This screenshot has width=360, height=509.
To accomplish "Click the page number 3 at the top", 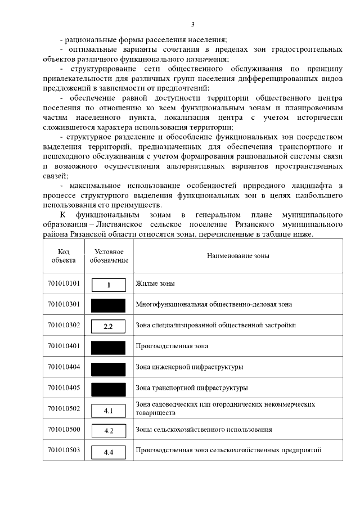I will tap(192, 24).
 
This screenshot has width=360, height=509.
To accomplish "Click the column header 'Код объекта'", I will tap(64, 256).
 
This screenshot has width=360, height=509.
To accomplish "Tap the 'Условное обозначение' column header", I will tap(109, 256).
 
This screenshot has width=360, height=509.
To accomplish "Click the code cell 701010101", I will tap(64, 283).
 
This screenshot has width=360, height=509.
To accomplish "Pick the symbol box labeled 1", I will tap(109, 285).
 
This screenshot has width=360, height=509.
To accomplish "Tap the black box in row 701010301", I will tap(109, 305).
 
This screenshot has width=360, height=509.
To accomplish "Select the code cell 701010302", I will tap(64, 325).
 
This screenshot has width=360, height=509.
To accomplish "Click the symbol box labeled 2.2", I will tap(109, 326).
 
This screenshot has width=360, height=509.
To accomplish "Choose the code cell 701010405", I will tap(64, 388).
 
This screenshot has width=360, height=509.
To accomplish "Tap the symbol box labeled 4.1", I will tap(109, 411).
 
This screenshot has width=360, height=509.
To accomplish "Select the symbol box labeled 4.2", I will tap(109, 431).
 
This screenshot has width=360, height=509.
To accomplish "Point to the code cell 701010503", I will tap(64, 450).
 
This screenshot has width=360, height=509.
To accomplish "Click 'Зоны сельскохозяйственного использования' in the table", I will tap(204, 430).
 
